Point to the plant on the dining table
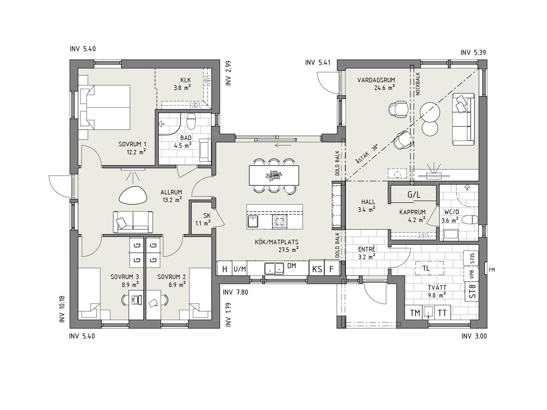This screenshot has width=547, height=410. (x=274, y=175)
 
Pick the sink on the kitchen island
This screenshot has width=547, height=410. (x=253, y=221)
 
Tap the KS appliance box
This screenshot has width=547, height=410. (x=317, y=269)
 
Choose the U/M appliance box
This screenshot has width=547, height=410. (x=240, y=269)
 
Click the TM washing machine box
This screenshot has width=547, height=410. (x=415, y=313)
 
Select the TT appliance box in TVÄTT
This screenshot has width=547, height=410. (x=442, y=313)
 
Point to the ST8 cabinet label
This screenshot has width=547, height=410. (x=472, y=291)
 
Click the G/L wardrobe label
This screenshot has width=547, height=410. (x=414, y=194)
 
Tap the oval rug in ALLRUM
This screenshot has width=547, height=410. (x=133, y=194)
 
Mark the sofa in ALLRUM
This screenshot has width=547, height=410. (x=133, y=222)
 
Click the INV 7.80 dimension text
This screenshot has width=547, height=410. (x=236, y=292)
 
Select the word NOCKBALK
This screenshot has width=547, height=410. (x=418, y=84)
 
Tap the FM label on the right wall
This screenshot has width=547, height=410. (x=492, y=270)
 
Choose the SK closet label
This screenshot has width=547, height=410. (x=207, y=216)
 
